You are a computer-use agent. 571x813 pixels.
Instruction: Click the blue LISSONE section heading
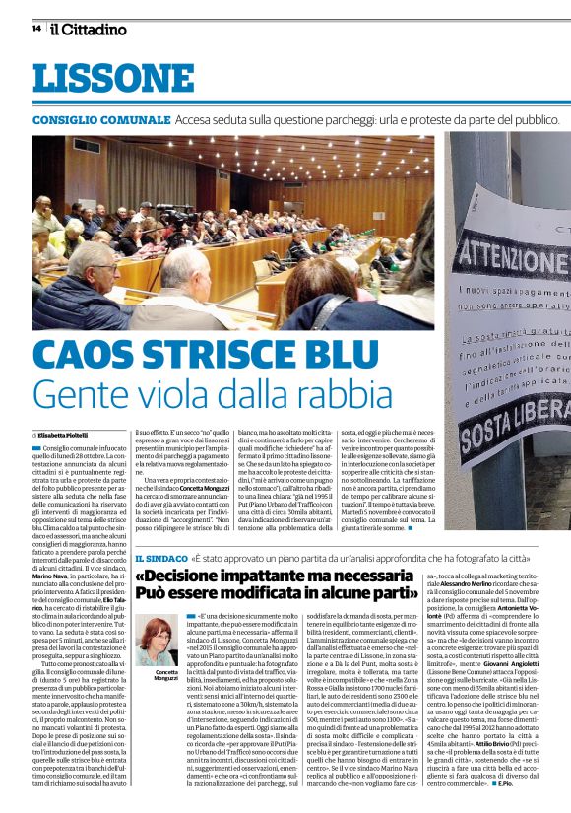(97, 80)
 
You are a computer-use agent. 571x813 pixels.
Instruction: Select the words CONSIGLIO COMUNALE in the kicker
(99, 120)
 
